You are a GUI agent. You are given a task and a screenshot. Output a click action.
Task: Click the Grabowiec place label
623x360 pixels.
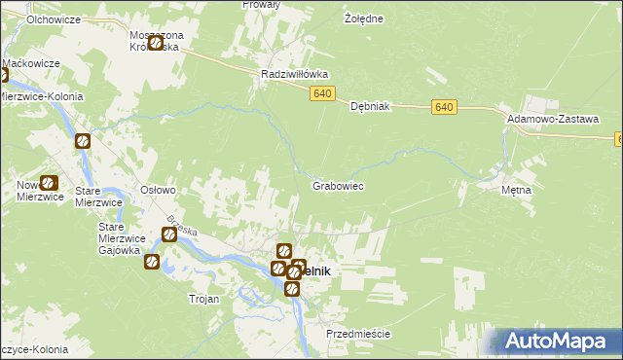coord(337,185)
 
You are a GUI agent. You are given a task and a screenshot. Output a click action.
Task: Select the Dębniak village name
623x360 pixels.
coord(370,108)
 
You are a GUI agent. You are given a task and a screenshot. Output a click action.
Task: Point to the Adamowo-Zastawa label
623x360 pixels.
coord(552,118)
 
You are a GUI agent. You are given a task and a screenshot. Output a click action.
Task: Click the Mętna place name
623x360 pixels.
coord(516,190)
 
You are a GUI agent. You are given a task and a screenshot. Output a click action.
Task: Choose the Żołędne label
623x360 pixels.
coord(364,18)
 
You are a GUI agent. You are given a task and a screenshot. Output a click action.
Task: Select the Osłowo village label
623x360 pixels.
coord(158,191)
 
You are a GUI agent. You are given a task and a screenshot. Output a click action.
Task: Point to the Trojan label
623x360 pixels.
coord(203,300)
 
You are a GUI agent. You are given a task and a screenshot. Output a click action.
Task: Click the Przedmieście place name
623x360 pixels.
coord(358,334)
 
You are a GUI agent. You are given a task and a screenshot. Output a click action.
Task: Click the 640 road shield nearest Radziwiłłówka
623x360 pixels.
coord(324,93)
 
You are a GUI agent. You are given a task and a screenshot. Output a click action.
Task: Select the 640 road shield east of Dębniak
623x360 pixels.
coord(443,106)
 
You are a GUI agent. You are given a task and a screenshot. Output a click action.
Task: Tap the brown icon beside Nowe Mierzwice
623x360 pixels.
coord(49,182)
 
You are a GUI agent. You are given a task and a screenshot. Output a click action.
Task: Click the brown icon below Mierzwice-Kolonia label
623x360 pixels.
coord(83,141)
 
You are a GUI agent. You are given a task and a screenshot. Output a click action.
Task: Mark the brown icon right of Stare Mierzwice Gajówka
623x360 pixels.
coord(168,234)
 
